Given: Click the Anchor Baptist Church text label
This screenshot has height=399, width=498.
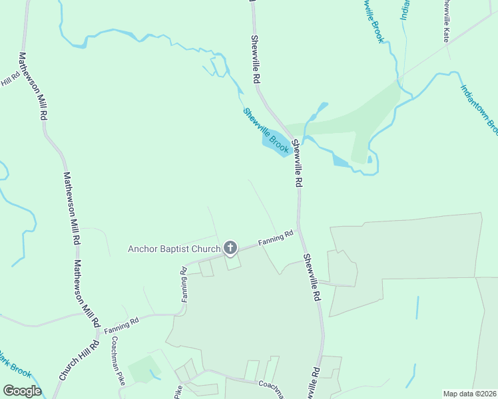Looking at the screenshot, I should (x=174, y=249).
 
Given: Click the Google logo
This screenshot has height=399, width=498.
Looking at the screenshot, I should (x=22, y=390).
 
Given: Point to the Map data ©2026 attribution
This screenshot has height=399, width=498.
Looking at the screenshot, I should (x=469, y=394).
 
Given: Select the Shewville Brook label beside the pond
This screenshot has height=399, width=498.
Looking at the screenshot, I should (x=266, y=130).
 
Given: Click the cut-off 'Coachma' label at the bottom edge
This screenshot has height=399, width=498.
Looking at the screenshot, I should (x=270, y=389).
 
